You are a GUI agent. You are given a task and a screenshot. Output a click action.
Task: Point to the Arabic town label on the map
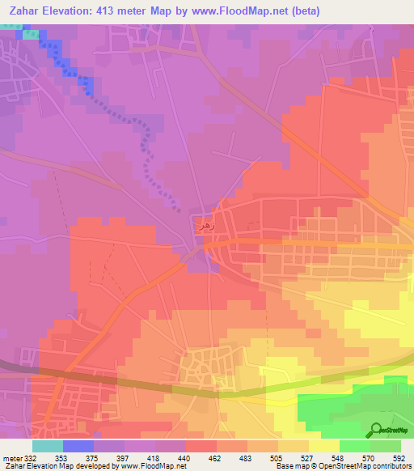[206, 228]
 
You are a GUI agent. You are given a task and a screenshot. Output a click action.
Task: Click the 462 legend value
[217, 458]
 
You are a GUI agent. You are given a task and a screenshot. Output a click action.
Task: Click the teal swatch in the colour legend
[47, 446]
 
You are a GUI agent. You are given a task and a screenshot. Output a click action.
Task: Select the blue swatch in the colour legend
[78, 446]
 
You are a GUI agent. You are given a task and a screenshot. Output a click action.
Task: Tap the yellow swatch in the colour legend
[324, 446]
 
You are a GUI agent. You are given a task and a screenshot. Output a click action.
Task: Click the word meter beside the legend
[11, 458]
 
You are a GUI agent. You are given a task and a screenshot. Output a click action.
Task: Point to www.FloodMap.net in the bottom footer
[151, 466]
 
